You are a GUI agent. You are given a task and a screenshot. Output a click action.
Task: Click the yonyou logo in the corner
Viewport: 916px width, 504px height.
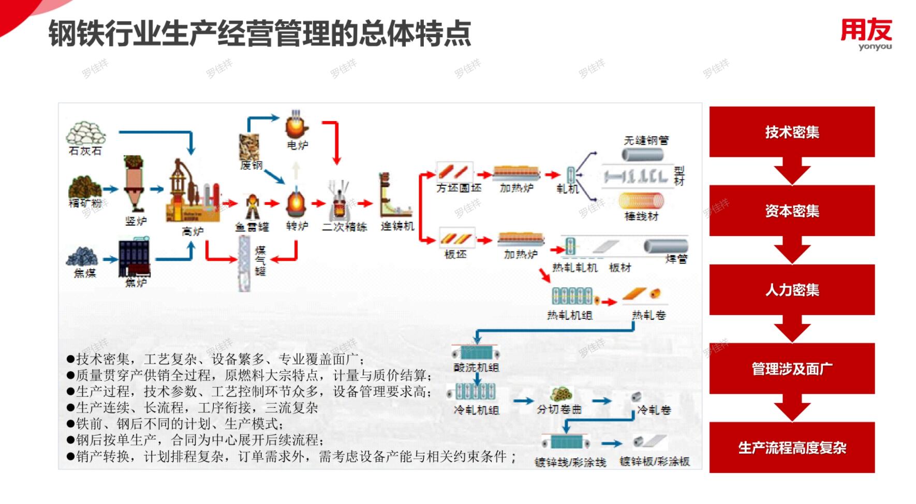coord(866,34)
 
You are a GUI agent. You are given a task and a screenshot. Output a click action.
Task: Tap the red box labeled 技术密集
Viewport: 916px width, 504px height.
coord(792,132)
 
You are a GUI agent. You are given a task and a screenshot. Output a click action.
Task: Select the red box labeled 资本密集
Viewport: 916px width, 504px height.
coord(792,211)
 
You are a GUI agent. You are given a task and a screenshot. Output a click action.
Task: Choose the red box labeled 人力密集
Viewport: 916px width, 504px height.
coord(792,290)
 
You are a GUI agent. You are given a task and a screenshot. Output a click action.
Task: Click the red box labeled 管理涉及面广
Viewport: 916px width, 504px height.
coord(792,368)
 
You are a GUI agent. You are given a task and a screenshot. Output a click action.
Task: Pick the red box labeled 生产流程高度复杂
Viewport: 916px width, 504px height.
coord(792,448)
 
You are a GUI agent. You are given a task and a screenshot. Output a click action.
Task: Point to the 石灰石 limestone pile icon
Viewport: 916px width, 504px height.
coord(85,133)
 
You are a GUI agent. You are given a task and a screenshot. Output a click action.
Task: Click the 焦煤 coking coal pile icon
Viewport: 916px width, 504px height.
coord(82,256)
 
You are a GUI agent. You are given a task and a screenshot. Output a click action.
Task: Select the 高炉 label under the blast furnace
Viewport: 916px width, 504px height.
coord(193,231)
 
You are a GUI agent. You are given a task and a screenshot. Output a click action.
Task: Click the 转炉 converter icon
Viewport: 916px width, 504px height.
coord(297,203)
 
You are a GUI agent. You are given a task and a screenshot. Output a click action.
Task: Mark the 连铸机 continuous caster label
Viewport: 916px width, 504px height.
coord(397,226)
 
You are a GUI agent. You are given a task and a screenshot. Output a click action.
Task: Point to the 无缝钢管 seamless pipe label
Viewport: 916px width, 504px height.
coord(646,140)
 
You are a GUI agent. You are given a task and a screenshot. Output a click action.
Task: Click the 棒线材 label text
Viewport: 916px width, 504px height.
coord(641,216)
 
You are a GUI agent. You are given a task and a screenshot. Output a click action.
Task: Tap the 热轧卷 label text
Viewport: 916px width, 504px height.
coord(648,315)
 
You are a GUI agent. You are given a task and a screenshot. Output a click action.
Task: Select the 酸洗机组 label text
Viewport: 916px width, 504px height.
coord(476,367)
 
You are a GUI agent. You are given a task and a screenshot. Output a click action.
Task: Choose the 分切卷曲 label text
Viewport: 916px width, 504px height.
coord(559,409)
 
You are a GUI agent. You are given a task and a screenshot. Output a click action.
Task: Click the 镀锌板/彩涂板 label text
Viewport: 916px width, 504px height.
coord(655,461)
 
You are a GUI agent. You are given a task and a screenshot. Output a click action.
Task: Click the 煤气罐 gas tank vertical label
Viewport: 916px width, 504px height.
coord(260,261)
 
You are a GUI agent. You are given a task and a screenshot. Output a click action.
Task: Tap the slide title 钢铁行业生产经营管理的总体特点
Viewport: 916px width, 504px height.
coord(260,34)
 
